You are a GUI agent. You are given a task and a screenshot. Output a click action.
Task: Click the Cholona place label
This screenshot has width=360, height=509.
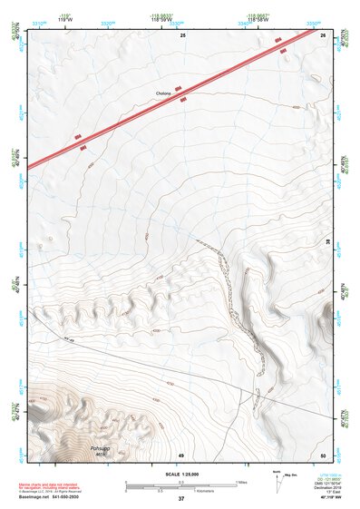(164, 93)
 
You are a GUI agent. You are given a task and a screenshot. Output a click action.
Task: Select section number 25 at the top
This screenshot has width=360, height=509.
(182, 34)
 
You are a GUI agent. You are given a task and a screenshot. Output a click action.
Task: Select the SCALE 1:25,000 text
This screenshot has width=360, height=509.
(180, 474)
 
